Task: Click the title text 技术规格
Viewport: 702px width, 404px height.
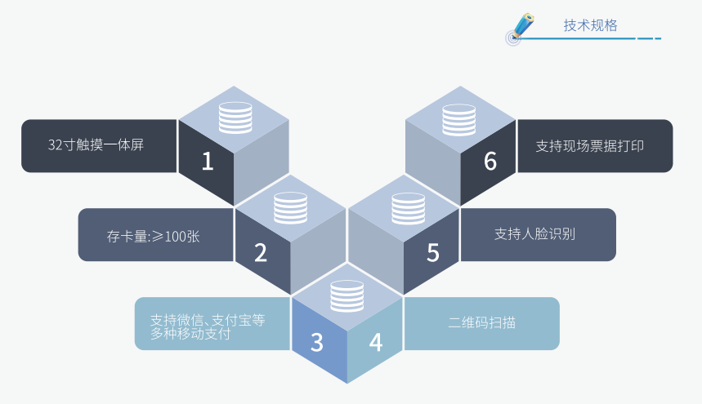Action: click(590, 25)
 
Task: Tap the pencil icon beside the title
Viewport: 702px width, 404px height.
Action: click(519, 27)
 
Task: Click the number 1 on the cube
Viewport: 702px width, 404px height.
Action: click(207, 162)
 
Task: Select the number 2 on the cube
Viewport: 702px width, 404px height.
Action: click(261, 252)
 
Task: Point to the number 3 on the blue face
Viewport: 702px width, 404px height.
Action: click(317, 342)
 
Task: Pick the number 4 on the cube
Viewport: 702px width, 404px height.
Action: click(375, 342)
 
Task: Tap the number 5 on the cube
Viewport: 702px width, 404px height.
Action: click(432, 252)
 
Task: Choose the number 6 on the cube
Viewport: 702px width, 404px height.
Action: click(490, 162)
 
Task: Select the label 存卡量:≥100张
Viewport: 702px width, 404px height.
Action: click(154, 237)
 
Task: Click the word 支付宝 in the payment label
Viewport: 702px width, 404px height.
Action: click(232, 320)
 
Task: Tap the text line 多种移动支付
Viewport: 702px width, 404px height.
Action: click(190, 334)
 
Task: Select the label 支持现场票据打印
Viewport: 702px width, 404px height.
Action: click(590, 146)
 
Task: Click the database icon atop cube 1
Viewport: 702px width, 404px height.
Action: click(235, 118)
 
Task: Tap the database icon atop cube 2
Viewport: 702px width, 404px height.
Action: click(290, 207)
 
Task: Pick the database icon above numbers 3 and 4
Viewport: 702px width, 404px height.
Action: click(347, 295)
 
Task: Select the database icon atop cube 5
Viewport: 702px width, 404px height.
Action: click(406, 207)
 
